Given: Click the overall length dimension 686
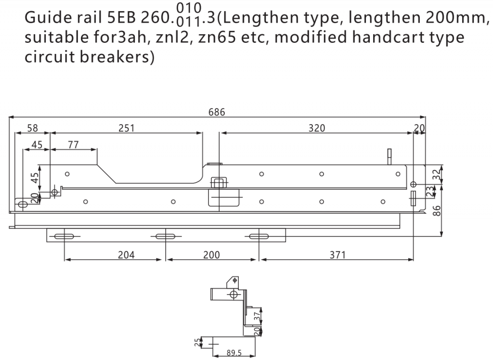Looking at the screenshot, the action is [x=217, y=112].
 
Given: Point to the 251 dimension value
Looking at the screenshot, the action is [x=127, y=128].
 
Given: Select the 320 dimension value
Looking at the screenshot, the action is [x=317, y=128].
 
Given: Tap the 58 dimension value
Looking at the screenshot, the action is [x=32, y=128].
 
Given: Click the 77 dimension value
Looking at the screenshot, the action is [x=73, y=145].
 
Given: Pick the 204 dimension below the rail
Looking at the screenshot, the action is [x=126, y=255].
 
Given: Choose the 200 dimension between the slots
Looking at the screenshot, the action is [x=211, y=255].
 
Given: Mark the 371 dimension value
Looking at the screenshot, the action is [x=337, y=255].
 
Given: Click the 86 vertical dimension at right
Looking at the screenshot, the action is [x=437, y=211].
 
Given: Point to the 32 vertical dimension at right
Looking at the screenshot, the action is [x=437, y=175].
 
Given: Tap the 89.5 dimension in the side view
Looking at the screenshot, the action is [x=234, y=353].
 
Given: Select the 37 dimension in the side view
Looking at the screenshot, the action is [x=257, y=315].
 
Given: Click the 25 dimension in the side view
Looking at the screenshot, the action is [x=197, y=342].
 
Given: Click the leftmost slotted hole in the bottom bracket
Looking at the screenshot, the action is [x=64, y=236].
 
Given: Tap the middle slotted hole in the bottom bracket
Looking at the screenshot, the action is [x=166, y=236].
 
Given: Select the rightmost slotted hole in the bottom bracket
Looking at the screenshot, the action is [x=259, y=236].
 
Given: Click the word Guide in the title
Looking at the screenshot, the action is [x=48, y=18].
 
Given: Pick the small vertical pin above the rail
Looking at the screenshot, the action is [x=389, y=156].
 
